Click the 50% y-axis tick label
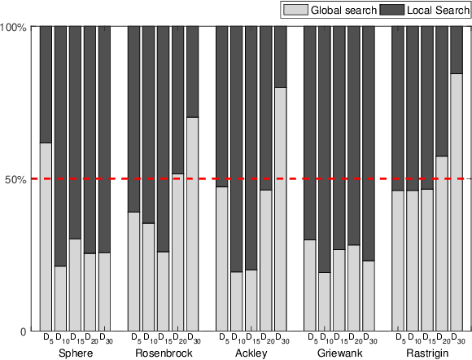pyautogui.click(x=17, y=179)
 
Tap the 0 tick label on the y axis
pyautogui.click(x=24, y=331)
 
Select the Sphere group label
pyautogui.click(x=76, y=353)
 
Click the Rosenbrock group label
pyautogui.click(x=164, y=353)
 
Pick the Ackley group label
pyautogui.click(x=251, y=353)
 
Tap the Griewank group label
pyautogui.click(x=339, y=353)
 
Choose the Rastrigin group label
pyautogui.click(x=426, y=353)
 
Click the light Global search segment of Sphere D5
pyautogui.click(x=46, y=237)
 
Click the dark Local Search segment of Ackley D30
pyautogui.click(x=280, y=57)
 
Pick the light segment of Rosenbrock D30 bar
pyautogui.click(x=192, y=224)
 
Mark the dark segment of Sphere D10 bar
pyautogui.click(x=60, y=147)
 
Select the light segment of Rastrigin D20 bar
pyautogui.click(x=442, y=244)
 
